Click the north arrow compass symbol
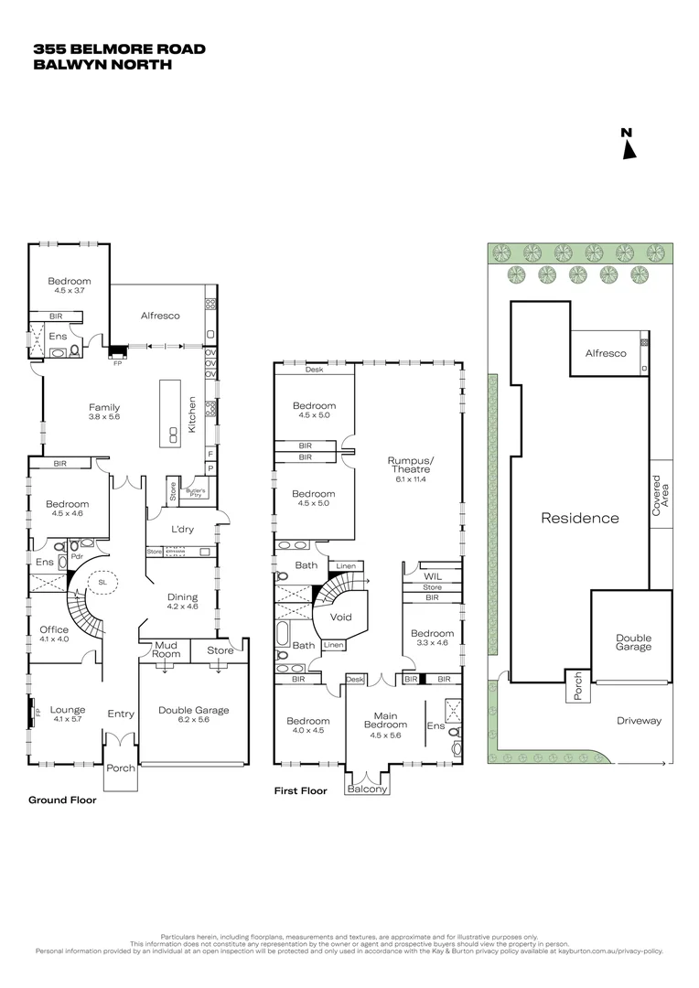click(x=628, y=145)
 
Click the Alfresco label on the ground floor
click(x=160, y=316)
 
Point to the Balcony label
click(x=368, y=789)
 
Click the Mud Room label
click(x=166, y=650)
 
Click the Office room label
click(x=54, y=629)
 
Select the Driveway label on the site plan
click(x=639, y=721)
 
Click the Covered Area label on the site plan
click(x=661, y=495)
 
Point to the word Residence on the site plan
click(x=580, y=518)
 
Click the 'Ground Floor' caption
click(x=62, y=800)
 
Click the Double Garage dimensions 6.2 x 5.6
click(x=193, y=721)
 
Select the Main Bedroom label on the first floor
click(x=385, y=721)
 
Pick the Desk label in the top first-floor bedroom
click(x=314, y=370)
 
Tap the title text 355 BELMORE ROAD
click(x=119, y=48)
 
